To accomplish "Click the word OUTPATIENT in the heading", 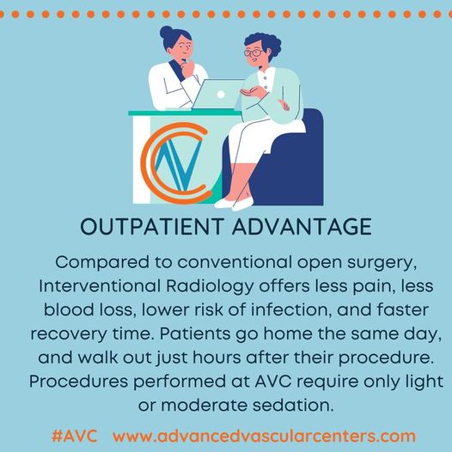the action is [x=152, y=226].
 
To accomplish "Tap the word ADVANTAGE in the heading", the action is [x=302, y=226].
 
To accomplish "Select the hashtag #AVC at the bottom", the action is [x=75, y=437].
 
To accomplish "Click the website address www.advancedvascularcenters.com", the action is [x=264, y=437].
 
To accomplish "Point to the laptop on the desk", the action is [x=217, y=95].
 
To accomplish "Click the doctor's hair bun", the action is [x=166, y=32].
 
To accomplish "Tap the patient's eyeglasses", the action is [x=253, y=53].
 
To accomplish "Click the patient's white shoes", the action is [x=234, y=203].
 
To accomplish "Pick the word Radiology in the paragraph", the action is [x=210, y=286].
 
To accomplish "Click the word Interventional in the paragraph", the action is [x=100, y=286].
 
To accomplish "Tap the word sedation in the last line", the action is [x=293, y=406].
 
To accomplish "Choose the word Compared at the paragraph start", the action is [x=102, y=263].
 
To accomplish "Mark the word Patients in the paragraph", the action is [x=195, y=333].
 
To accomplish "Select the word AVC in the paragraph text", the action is [x=273, y=382].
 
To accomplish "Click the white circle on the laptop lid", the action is [x=221, y=95].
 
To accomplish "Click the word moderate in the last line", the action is [x=205, y=406].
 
